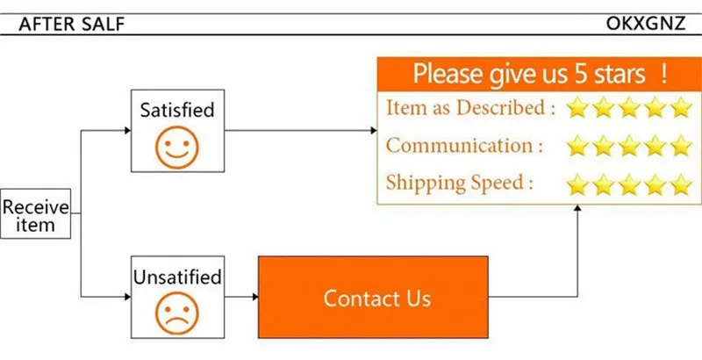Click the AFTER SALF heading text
point(72,25)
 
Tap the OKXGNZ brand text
point(646,24)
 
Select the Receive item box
point(35,213)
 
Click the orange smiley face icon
point(177,148)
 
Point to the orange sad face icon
point(177,313)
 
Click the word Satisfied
point(177,110)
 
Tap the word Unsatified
point(177,277)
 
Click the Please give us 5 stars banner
point(539,74)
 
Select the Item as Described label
point(470,108)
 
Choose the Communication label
point(465,146)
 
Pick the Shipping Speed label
point(459,183)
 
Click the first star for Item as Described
point(577,107)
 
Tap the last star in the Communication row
point(682,146)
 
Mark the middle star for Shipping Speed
point(629,184)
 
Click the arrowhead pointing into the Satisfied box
point(127,130)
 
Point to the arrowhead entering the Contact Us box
point(255,297)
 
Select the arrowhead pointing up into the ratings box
point(577,208)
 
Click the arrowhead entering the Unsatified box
point(127,297)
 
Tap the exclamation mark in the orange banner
point(663,74)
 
